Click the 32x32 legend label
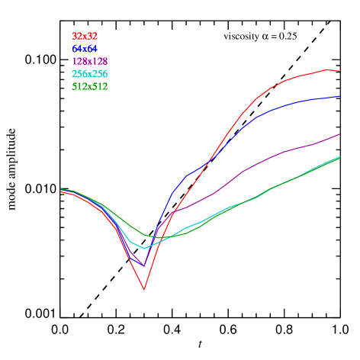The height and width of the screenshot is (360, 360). [x=85, y=36]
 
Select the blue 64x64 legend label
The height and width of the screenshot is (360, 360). [x=85, y=49]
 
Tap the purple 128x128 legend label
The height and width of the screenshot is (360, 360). [x=89, y=61]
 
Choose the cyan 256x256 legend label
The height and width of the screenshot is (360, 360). [x=89, y=74]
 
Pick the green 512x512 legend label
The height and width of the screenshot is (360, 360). [x=89, y=87]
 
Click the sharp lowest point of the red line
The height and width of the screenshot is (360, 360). [x=143, y=290]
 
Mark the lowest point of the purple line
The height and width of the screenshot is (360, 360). [x=143, y=265]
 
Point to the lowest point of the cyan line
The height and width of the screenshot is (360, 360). [x=143, y=248]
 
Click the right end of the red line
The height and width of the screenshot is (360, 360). [x=339, y=71]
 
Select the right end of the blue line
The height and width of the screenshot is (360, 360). [x=339, y=97]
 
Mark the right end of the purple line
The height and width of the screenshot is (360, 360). [x=339, y=134]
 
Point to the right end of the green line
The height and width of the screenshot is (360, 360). [x=339, y=158]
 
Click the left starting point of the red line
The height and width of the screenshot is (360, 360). [x=61, y=191]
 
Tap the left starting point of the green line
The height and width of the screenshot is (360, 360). [x=61, y=188]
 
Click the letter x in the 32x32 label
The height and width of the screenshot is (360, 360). [x=85, y=36]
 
